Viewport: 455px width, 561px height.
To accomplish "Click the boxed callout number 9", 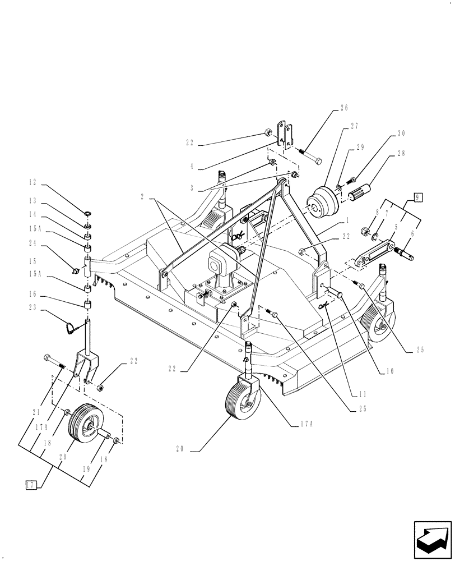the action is [x=419, y=196].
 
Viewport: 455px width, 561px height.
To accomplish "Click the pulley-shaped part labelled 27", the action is [x=322, y=203].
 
